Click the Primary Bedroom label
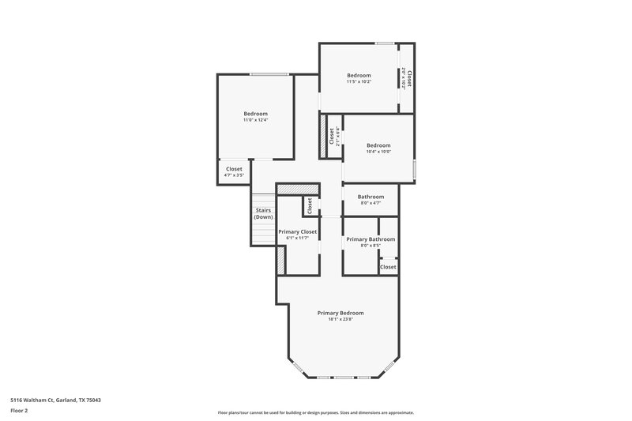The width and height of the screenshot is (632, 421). coord(340,313)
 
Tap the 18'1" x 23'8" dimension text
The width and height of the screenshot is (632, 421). coord(340,320)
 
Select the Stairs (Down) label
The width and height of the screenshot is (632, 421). coord(263,213)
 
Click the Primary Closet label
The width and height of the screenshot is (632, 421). coord(298,231)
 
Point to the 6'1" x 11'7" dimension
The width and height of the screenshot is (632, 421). coord(298,239)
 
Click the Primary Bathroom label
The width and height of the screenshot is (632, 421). coord(371,239)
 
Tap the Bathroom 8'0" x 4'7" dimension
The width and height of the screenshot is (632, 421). coord(371,204)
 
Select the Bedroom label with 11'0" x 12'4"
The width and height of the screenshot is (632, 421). coord(255,114)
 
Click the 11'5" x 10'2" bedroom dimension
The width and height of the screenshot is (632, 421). coord(359,81)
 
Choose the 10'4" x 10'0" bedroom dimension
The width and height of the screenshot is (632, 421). coord(378,152)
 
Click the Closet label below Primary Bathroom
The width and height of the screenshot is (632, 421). coord(388,267)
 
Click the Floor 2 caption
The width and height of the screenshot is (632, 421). coord(20,411)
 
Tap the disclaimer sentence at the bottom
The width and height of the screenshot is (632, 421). coord(316,412)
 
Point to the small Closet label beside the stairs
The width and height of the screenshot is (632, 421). coord(310,205)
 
